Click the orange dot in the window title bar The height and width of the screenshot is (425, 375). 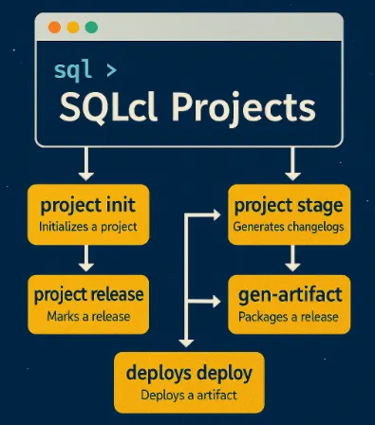coord(52,28)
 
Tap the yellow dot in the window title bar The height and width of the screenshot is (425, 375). coord(71,28)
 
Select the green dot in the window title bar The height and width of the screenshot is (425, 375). coord(90,28)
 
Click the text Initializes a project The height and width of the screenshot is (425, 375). coord(88,228)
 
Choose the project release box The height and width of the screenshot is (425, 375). coord(88,303)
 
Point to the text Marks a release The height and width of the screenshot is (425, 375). coord(88,316)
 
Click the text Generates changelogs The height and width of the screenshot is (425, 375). coord(287,229)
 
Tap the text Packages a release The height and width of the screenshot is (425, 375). coord(287,316)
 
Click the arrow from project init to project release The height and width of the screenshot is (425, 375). coord(87,258)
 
